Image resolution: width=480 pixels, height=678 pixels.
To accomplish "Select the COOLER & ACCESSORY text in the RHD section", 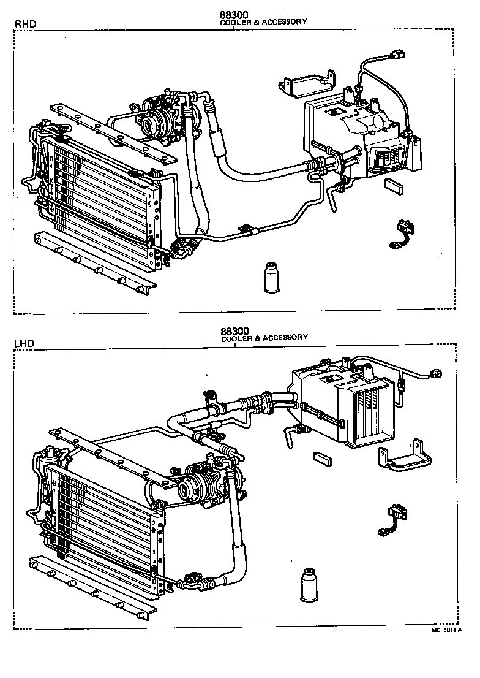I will (263, 21).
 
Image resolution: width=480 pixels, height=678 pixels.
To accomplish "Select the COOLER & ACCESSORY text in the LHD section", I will (264, 338).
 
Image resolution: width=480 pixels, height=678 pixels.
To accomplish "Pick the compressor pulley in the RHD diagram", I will (149, 126).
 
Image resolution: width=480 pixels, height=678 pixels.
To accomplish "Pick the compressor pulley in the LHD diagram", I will (185, 489).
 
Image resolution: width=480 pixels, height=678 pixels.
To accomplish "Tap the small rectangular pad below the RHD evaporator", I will (392, 185).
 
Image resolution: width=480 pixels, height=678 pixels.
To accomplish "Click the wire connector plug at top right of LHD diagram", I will (436, 374).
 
